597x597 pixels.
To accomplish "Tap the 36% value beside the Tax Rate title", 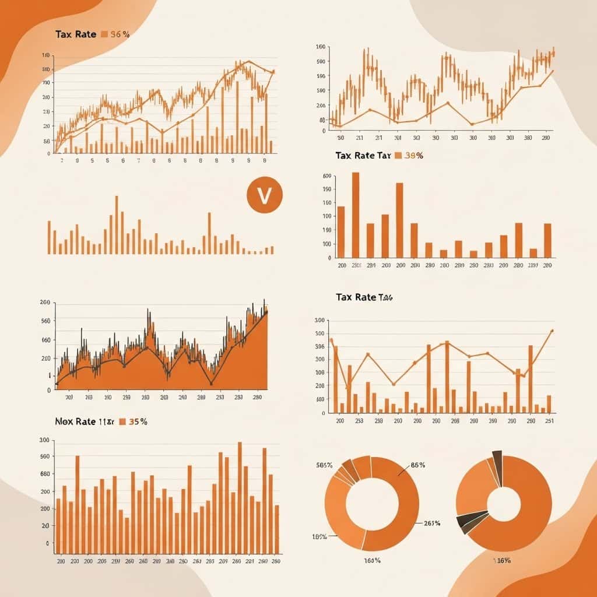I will click(120, 34).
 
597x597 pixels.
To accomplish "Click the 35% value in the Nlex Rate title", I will click(138, 421).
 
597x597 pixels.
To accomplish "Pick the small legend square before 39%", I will click(399, 156).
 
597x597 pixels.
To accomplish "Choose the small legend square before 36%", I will click(104, 34).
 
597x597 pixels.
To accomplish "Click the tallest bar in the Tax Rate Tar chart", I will click(356, 215).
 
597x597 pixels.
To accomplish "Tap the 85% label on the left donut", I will click(417, 465).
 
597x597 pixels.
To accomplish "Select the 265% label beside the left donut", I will click(431, 523).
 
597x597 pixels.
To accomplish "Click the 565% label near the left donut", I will click(325, 465).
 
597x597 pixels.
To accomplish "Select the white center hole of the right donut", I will click(503, 503).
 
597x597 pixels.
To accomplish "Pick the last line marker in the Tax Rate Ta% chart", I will click(552, 331).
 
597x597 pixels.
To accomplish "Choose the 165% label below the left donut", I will click(372, 560).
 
